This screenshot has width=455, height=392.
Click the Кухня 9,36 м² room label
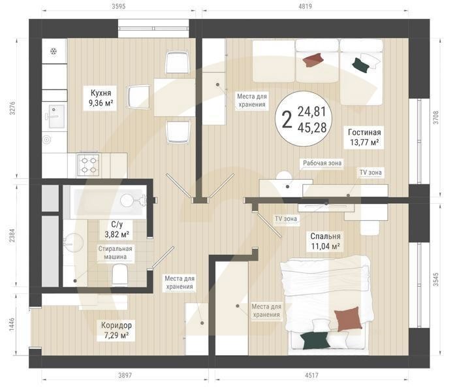pos(101,98)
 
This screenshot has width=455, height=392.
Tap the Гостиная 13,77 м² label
pos(364,137)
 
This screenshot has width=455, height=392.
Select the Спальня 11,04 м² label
pos(325,241)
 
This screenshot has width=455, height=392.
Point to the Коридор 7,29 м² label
pos(116,330)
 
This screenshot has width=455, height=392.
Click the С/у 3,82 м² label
pos(117,229)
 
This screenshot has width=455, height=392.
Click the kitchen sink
pos(56,116)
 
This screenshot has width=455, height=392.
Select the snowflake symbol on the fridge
pos(54,52)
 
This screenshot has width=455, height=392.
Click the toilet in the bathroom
pos(120,275)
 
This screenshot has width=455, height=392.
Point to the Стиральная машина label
pos(115,253)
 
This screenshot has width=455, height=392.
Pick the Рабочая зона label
pos(322,163)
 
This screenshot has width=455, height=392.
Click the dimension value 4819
pos(305,6)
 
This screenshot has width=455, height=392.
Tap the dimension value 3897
pos(125,376)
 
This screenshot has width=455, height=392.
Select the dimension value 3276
pos(12,108)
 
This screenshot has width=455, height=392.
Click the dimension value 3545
pos(436,280)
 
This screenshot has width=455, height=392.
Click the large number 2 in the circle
pos(287,120)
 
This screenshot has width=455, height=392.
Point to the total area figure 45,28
pos(312,128)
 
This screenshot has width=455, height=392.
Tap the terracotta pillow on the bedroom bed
pos(348,319)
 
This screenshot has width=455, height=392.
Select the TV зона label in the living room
pos(371,172)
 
